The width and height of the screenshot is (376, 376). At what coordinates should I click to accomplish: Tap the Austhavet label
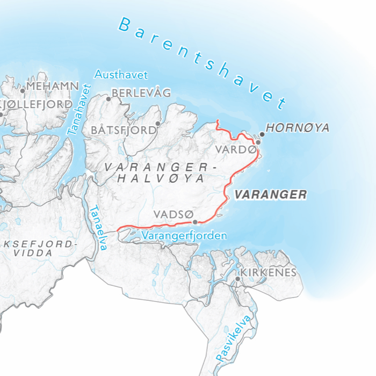click(121, 75)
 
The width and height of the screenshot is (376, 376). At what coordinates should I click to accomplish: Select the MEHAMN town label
click(53, 86)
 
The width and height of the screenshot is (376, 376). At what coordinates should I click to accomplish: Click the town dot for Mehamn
click(23, 91)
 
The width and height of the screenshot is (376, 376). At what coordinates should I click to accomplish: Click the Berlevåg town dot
click(109, 99)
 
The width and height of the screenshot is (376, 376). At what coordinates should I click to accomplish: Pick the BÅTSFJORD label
click(122, 130)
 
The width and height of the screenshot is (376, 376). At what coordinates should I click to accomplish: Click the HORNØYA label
click(298, 128)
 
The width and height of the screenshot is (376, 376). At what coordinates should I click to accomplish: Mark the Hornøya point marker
click(262, 134)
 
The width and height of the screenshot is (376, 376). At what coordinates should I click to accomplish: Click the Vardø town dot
click(258, 142)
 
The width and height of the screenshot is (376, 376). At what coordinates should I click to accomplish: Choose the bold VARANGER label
click(271, 194)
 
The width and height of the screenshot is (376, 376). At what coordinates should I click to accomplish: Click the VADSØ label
click(172, 214)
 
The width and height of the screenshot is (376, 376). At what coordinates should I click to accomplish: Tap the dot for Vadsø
click(195, 221)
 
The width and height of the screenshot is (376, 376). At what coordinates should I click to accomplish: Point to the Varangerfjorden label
click(184, 235)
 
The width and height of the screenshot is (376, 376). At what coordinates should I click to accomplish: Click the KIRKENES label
click(269, 272)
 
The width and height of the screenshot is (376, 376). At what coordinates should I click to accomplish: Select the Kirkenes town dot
click(237, 279)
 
